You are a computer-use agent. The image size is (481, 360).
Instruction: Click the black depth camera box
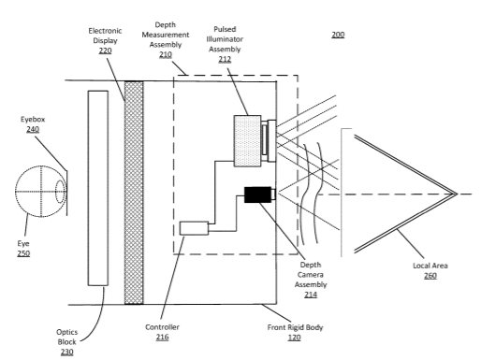(257, 194)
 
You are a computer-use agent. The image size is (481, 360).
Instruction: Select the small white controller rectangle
(194, 228)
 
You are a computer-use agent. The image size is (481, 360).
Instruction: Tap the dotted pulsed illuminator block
(248, 141)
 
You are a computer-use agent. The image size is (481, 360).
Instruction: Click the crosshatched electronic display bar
(134, 193)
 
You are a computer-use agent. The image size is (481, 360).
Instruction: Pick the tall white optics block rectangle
(98, 188)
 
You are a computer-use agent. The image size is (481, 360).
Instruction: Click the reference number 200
(338, 35)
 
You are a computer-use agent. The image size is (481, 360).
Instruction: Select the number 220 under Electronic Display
(105, 50)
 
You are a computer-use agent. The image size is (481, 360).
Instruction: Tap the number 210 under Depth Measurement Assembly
(166, 54)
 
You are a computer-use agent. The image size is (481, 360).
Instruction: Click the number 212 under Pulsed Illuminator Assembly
(225, 59)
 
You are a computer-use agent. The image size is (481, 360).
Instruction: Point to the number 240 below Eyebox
(33, 129)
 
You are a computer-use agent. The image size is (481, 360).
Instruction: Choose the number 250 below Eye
(23, 253)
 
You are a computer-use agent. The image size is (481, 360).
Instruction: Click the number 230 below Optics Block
(66, 352)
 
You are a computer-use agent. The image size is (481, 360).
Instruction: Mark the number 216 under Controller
(162, 338)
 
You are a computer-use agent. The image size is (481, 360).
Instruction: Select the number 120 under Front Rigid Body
(294, 338)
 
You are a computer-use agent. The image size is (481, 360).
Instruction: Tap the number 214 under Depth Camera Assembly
(311, 295)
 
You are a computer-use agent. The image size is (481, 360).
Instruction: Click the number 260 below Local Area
(430, 276)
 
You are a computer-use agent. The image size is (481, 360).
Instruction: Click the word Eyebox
(33, 120)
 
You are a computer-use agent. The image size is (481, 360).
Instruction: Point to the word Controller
(162, 327)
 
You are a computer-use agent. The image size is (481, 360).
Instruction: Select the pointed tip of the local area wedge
(457, 194)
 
